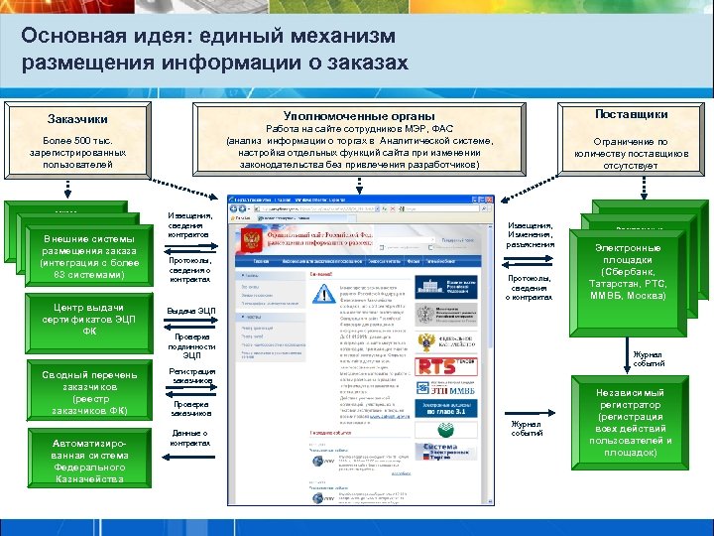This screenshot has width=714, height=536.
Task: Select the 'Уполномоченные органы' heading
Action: pos(358,115)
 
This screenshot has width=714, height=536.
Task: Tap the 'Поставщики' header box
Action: pos(632,115)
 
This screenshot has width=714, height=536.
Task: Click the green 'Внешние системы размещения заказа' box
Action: pos(83,256)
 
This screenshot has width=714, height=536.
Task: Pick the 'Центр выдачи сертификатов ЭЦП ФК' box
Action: pos(83,319)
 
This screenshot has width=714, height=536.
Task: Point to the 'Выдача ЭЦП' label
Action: pos(191,312)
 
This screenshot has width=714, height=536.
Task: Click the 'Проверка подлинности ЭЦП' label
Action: pos(191,345)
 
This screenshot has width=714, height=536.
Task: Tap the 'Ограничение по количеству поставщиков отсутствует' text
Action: pos(632,154)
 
